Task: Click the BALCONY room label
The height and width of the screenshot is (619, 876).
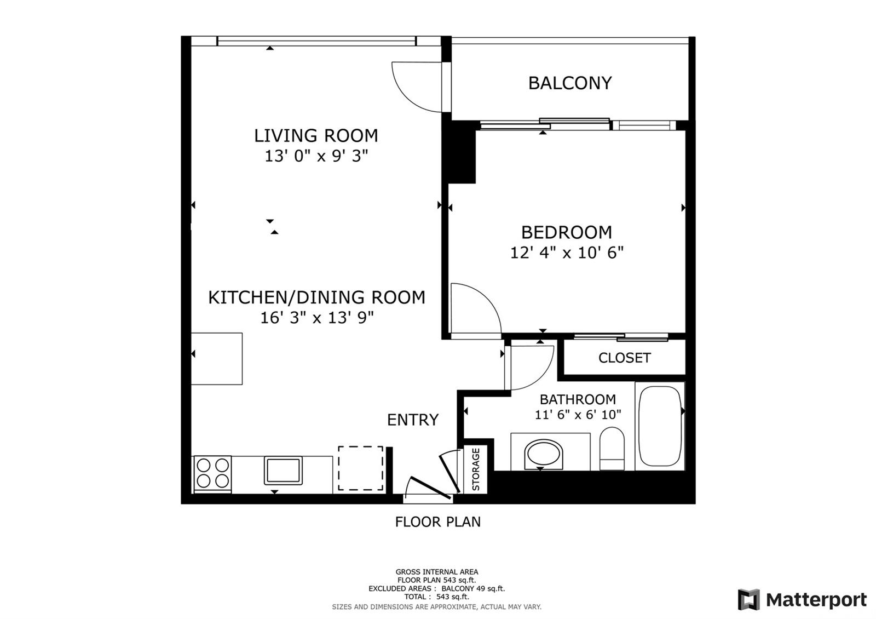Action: point(570,83)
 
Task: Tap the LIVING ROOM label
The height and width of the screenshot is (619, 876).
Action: point(316,136)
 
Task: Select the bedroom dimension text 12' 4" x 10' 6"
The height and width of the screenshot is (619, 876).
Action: point(567,253)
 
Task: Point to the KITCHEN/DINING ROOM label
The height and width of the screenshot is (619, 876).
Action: point(316,297)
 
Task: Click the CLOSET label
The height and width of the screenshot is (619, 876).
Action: point(624,358)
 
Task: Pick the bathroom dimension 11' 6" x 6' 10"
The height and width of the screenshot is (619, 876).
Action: point(578,414)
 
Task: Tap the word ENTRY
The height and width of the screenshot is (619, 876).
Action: point(413,420)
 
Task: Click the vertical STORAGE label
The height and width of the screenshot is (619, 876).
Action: point(476,469)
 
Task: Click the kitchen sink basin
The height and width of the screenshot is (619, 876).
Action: point(283,471)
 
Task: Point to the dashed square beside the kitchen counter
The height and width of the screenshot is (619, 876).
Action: point(361,468)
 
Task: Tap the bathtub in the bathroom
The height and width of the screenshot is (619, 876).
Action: point(660,426)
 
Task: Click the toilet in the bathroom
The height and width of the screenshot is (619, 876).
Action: point(612,449)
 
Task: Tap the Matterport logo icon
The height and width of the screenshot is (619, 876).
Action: point(748,599)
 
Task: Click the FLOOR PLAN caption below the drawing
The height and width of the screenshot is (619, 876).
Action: point(437,522)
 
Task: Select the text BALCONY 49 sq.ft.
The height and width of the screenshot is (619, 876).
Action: point(473,588)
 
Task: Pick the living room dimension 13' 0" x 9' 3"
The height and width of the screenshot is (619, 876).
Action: point(316,157)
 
